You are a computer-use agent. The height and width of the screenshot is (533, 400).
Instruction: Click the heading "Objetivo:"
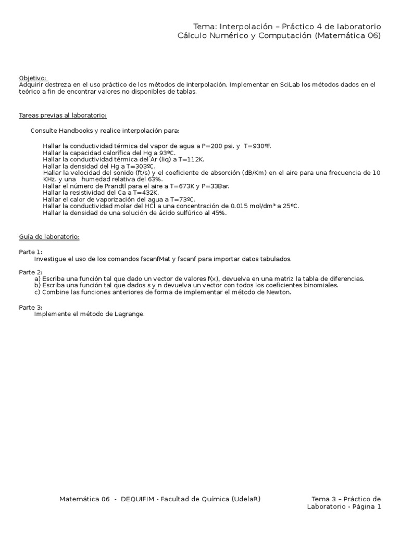point(33,78)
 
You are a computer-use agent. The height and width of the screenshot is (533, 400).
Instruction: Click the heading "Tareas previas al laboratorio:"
point(63,115)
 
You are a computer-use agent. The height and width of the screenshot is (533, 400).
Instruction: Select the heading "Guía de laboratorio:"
point(49,237)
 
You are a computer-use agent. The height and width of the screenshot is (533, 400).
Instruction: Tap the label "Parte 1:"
point(31,252)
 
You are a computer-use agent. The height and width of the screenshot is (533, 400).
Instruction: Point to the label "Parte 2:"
point(31,272)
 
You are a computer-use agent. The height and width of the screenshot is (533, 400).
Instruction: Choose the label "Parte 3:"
point(31,307)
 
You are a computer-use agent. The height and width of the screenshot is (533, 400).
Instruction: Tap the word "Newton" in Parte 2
point(279,292)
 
